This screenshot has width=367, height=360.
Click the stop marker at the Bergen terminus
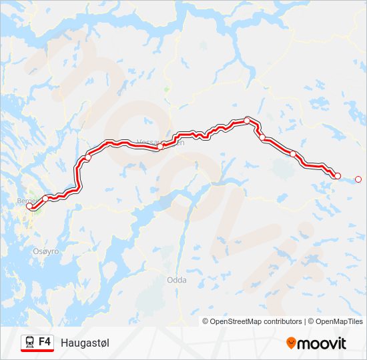point(29,207)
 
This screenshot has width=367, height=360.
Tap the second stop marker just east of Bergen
point(45,198)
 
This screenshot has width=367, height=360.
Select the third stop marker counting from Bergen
point(87,157)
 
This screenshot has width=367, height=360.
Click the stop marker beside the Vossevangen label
point(161,146)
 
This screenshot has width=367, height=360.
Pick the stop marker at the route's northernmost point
point(248,121)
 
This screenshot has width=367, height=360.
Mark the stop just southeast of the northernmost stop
point(262,138)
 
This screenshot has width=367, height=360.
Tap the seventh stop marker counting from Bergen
point(293,154)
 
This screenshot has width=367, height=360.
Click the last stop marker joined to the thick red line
point(337,176)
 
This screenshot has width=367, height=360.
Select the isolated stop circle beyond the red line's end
point(358,179)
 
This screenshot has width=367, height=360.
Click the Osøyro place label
point(46,251)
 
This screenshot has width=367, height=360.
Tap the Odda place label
point(176,280)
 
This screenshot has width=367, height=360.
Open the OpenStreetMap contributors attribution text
point(252,321)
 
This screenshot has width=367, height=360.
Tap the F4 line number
point(45,341)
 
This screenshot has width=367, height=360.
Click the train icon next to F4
point(30,342)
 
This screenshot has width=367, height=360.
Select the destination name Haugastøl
point(85,343)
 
